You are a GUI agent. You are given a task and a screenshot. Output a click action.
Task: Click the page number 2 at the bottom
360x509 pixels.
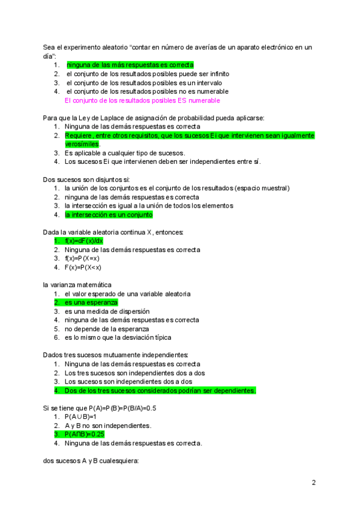click(x=313, y=483)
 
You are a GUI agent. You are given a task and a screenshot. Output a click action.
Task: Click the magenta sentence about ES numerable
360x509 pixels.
click(x=142, y=101)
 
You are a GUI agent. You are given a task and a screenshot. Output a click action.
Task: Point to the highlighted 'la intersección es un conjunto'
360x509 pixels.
click(x=109, y=214)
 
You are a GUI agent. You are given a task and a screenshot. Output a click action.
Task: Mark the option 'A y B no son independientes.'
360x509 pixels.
click(x=107, y=426)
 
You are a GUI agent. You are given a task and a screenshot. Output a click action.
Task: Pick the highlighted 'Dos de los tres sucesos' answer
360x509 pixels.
click(x=160, y=390)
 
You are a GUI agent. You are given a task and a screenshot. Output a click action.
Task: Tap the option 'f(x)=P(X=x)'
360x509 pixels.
click(x=84, y=258)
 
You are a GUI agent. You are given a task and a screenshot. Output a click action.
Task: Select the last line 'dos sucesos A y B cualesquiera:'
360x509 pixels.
click(x=91, y=461)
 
